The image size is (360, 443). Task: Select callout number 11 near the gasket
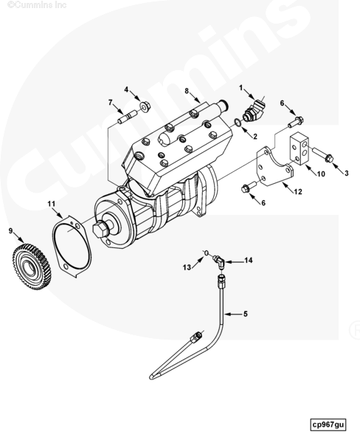coord(51,204)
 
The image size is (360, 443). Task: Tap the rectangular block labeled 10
coord(300,148)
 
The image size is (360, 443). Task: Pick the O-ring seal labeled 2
coord(238,123)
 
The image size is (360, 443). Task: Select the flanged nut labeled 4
coord(145,106)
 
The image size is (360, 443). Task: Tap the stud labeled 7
coord(127,117)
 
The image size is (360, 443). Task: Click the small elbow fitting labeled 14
coord(219,261)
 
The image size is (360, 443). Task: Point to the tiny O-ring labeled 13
coord(207,253)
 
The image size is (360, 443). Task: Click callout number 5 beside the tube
coord(246,314)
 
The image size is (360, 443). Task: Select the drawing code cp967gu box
coord(328,425)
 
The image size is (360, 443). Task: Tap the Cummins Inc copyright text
coord(38,5)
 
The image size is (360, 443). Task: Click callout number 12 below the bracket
coord(298,192)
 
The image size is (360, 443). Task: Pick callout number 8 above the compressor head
coord(187,91)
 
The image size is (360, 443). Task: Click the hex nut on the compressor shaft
coord(100,230)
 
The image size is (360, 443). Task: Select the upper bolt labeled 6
coord(295,122)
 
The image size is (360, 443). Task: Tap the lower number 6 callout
coord(263,203)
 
